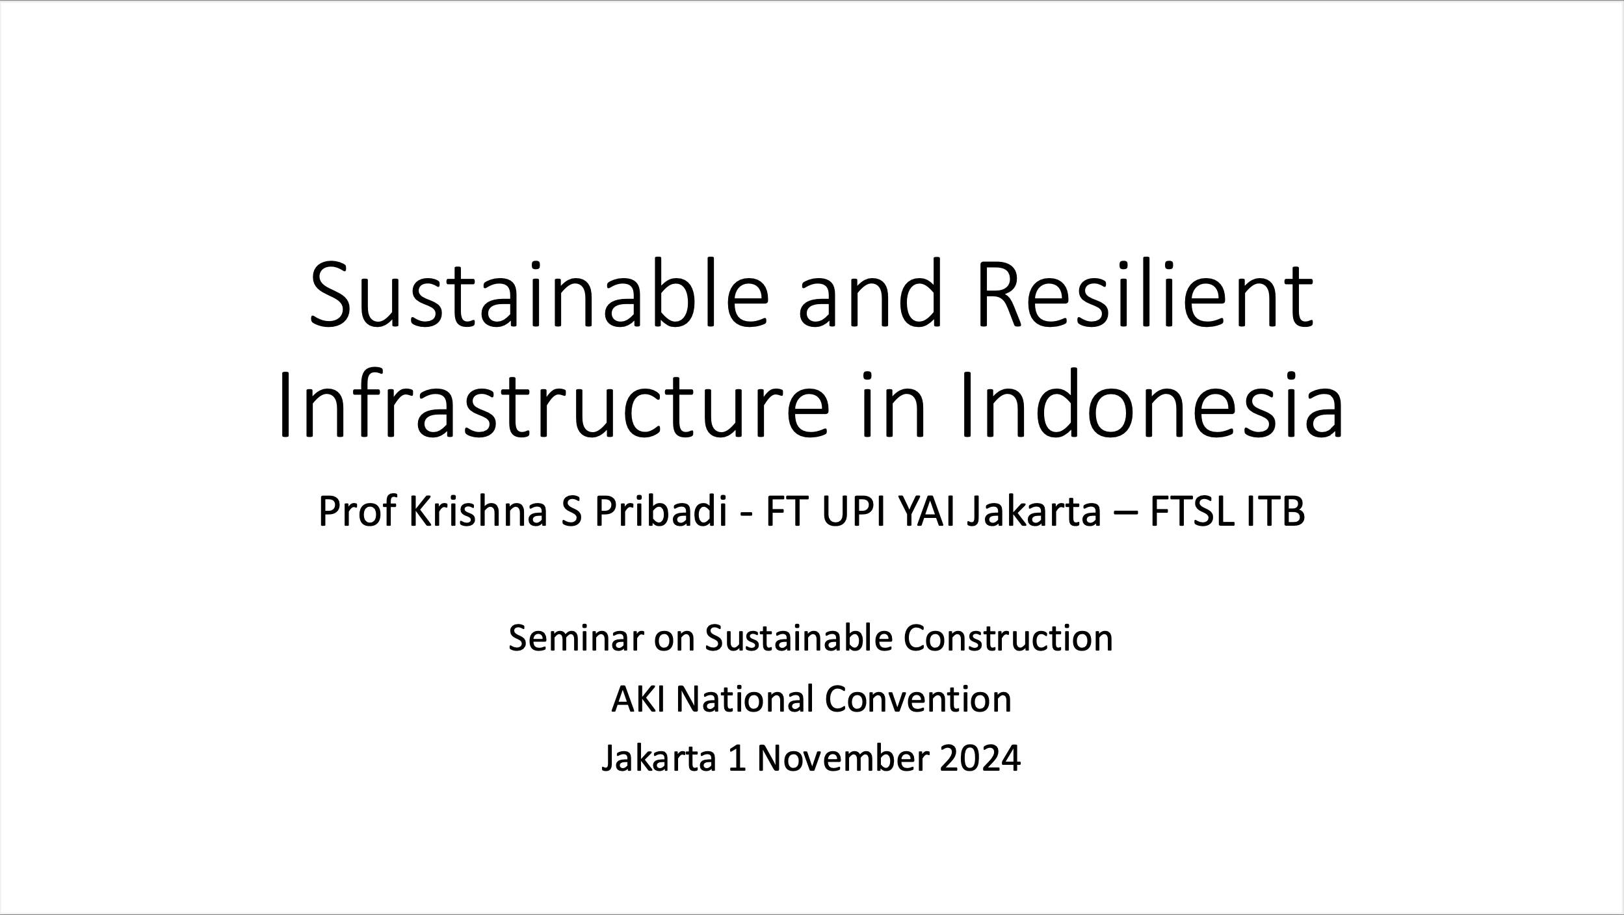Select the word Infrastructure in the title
coord(553,404)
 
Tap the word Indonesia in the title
coord(1151,404)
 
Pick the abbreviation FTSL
coord(1191,511)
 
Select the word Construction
coord(1008,638)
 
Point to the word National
coord(745,699)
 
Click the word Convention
coord(918,699)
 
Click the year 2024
coord(980,758)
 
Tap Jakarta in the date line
coord(659,758)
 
